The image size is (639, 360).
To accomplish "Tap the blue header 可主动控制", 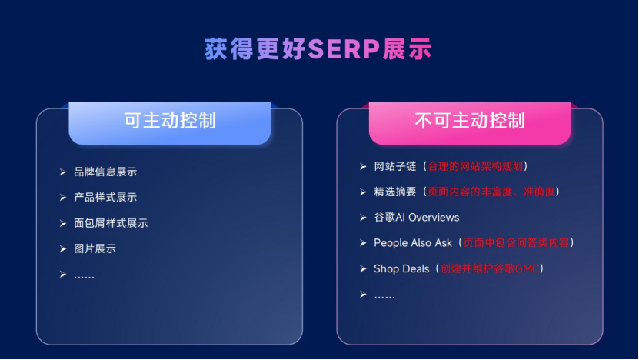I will click(170, 121).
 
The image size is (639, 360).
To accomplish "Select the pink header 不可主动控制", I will click(470, 121).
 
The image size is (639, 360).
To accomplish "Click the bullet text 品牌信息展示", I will click(105, 172).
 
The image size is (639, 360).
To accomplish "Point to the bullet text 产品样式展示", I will click(105, 198).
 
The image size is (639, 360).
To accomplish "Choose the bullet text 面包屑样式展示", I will click(111, 223).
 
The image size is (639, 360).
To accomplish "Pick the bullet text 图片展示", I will click(95, 249).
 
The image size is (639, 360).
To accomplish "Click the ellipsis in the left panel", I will click(84, 275).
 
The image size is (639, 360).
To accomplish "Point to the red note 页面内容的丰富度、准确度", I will click(492, 192).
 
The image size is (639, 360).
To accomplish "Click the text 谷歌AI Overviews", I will click(416, 218).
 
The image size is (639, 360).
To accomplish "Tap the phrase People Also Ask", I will click(413, 243).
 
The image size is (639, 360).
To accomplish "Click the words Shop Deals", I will click(401, 268).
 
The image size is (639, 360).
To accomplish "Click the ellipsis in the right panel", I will click(384, 295).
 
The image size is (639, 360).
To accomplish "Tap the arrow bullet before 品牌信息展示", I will click(63, 172).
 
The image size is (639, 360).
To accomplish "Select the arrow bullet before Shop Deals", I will click(363, 268).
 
